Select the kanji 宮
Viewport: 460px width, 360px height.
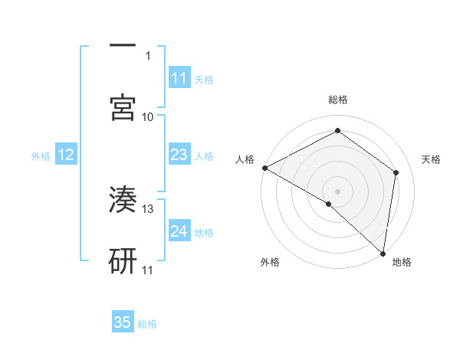point(123,108)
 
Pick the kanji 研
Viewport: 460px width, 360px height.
point(123,261)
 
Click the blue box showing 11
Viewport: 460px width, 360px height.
point(179,78)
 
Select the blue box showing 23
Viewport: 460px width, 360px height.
point(179,155)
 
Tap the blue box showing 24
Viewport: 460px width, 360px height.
point(179,232)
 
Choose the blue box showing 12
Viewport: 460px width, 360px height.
point(66,155)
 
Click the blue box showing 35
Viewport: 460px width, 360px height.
point(123,322)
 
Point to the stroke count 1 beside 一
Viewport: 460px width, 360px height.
point(149,56)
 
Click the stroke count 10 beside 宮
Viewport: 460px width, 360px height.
point(148,117)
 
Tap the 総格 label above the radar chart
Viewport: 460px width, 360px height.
point(338,100)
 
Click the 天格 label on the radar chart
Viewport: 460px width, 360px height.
point(432,159)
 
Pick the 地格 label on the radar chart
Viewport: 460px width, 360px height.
point(402,262)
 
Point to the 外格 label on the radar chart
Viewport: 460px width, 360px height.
point(270,262)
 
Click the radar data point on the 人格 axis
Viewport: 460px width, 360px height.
point(264,168)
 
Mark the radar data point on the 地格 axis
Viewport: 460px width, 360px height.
point(383,252)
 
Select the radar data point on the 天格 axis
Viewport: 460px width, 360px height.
point(396,172)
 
